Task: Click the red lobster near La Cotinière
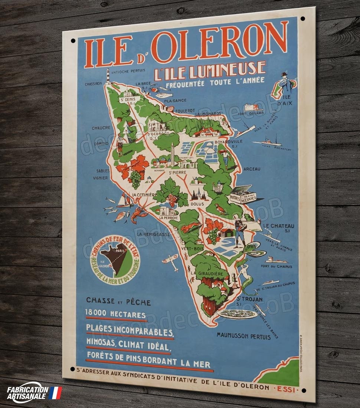tap(139, 214)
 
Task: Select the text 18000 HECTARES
tap(115, 314)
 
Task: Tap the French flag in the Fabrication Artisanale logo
tap(55, 393)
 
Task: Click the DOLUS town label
tap(197, 204)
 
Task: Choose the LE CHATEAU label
tap(279, 226)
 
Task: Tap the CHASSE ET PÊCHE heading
tap(118, 301)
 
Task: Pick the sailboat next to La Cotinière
tap(125, 201)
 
